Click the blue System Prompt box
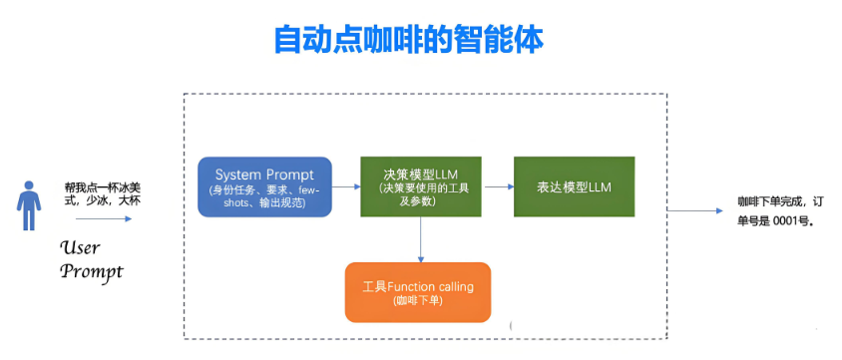tap(264, 185)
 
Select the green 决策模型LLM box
tap(419, 185)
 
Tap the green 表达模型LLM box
tap(574, 185)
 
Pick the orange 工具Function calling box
tap(417, 292)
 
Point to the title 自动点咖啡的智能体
tap(408, 40)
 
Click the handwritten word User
tap(80, 247)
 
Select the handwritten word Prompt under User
tap(91, 270)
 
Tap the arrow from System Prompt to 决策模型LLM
tap(345, 185)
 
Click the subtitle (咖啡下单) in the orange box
tap(417, 301)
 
